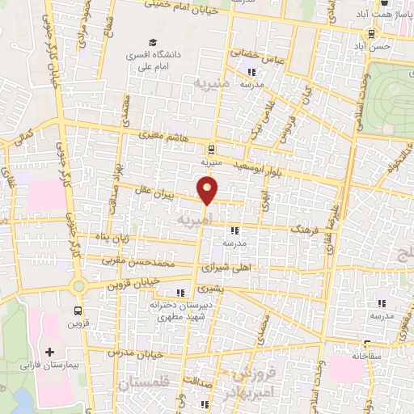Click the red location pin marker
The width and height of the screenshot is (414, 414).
click(x=209, y=191)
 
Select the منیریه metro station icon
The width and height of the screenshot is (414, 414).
click(x=211, y=149)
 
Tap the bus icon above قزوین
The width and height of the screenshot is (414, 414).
click(x=78, y=310)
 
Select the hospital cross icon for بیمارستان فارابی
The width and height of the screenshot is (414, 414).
click(x=50, y=353)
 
